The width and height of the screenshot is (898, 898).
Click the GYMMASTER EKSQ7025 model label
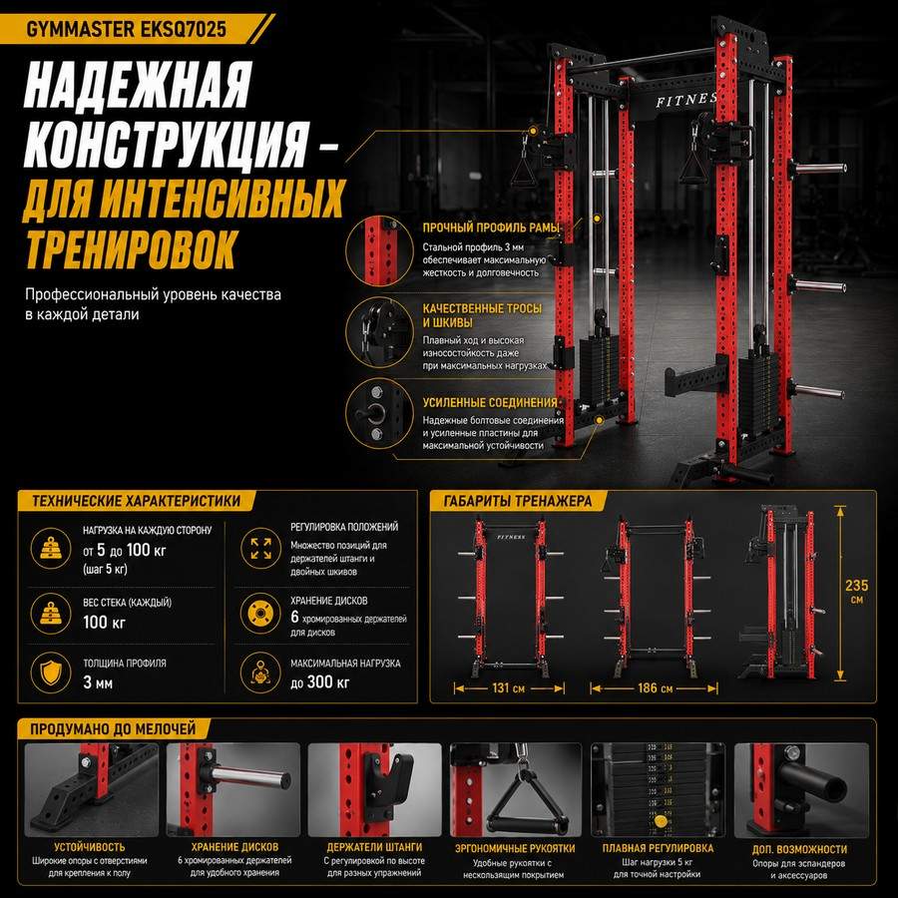pos(126,29)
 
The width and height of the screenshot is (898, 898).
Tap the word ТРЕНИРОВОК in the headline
pos(131,248)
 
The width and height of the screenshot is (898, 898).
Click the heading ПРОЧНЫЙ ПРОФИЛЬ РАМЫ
pos(491,227)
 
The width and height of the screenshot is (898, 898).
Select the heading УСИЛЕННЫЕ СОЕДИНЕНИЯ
pos(490,403)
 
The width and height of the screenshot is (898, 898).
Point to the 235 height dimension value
pos(856,586)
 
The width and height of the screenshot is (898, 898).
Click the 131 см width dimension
pos(508,687)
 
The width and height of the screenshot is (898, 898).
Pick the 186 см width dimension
pos(656,687)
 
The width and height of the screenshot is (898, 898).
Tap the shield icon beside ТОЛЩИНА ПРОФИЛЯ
pos(51,673)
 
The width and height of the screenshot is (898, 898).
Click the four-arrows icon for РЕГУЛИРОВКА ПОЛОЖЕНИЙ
pos(260,548)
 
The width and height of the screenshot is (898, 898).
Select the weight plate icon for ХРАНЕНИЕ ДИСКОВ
pos(260,614)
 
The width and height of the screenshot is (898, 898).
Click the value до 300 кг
pos(319,682)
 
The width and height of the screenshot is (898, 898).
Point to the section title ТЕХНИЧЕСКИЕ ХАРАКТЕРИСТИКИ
pos(137,501)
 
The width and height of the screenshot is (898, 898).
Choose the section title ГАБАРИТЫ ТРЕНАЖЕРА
pos(517,501)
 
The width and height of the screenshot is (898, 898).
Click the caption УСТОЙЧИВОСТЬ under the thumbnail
pos(90,846)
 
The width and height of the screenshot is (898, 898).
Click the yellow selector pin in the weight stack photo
pos(661,821)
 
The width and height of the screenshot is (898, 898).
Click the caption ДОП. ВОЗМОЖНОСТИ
pos(799,849)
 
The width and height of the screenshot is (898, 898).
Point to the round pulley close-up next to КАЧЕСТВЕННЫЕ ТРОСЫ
pos(379,332)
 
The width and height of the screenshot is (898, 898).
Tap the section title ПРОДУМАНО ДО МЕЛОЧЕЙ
pos(113,729)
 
